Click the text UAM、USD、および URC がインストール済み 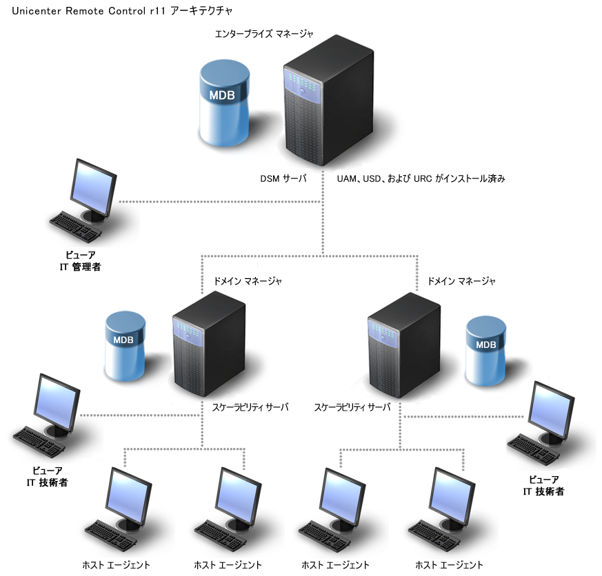point(421,178)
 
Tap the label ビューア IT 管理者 point(80,260)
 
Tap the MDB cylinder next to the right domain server point(486,351)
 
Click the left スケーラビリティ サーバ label point(250,407)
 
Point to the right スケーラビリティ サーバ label point(352,407)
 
